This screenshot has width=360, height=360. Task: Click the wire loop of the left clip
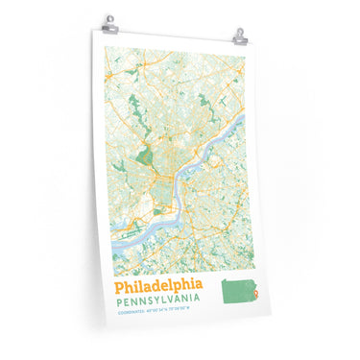[x=110, y=17]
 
